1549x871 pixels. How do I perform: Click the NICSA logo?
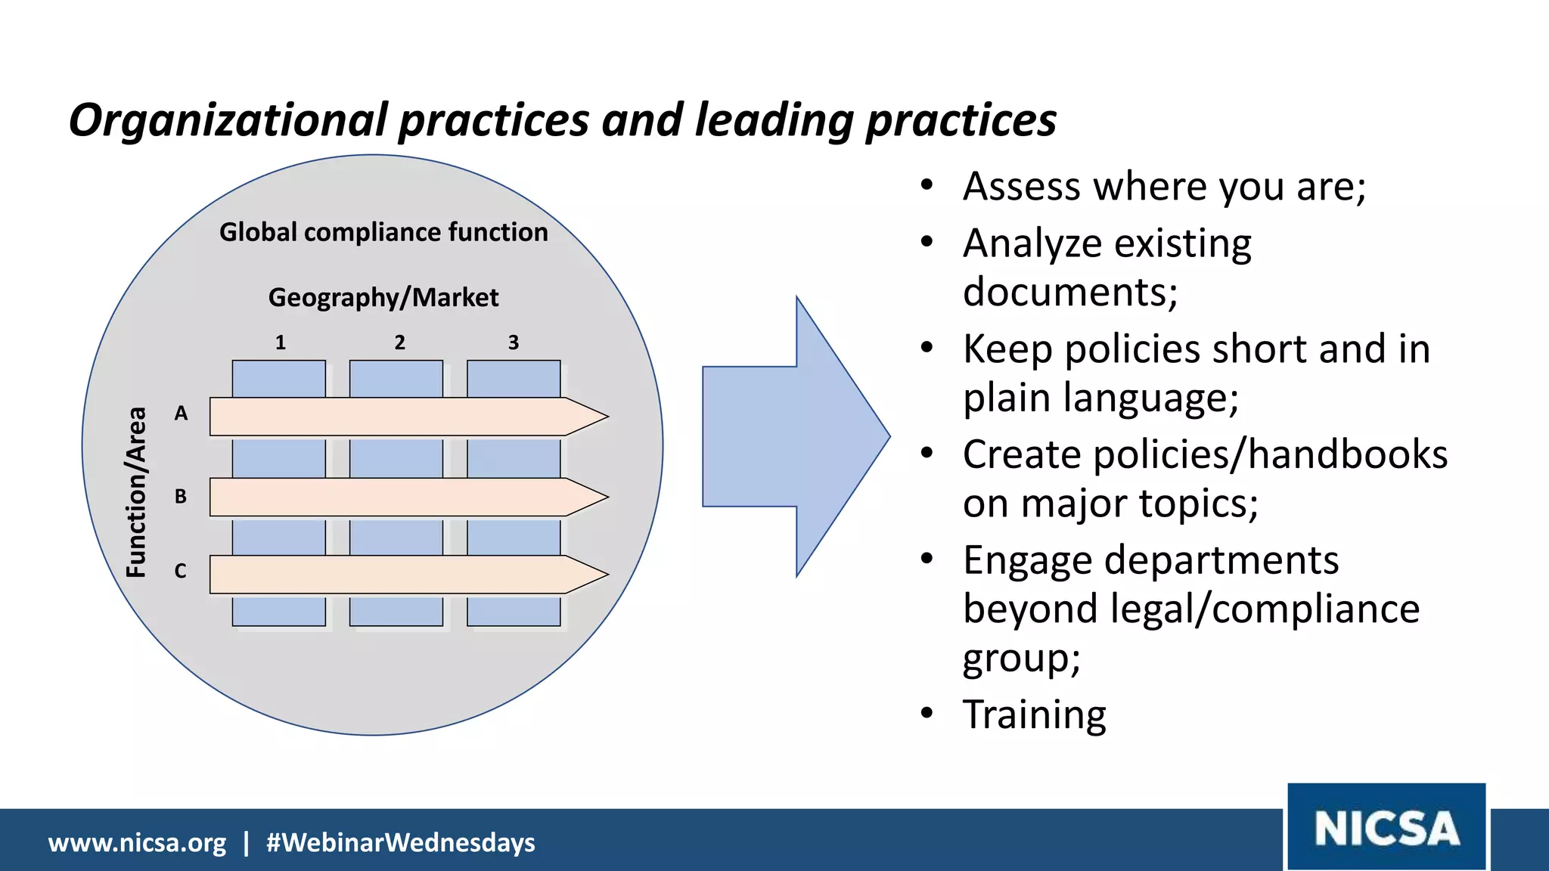pyautogui.click(x=1386, y=827)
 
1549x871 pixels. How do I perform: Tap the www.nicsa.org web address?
pyautogui.click(x=137, y=842)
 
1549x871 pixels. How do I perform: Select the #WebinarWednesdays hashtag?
pyautogui.click(x=401, y=842)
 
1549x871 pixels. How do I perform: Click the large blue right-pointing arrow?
pyautogui.click(x=794, y=436)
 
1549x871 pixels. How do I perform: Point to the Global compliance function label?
pyautogui.click(x=383, y=232)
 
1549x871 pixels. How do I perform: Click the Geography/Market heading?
pyautogui.click(x=383, y=297)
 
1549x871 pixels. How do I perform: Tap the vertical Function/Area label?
pyautogui.click(x=136, y=492)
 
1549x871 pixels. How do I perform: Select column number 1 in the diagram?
pyautogui.click(x=281, y=343)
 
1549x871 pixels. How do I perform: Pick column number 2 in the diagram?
pyautogui.click(x=400, y=343)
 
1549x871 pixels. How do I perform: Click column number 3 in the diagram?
pyautogui.click(x=514, y=343)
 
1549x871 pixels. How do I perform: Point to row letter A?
pyautogui.click(x=181, y=414)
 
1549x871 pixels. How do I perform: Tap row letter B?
pyautogui.click(x=181, y=497)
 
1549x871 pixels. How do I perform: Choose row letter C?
pyautogui.click(x=181, y=571)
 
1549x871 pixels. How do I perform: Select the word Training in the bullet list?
pyautogui.click(x=1034, y=714)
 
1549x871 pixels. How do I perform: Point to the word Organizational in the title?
pyautogui.click(x=228, y=121)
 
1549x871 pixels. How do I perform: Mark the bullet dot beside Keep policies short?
pyautogui.click(x=927, y=349)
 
